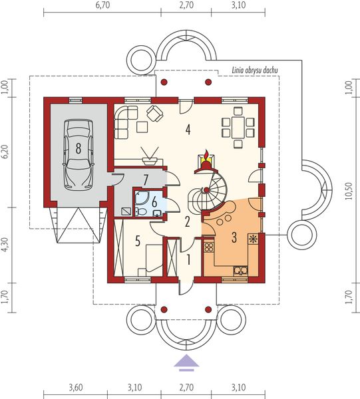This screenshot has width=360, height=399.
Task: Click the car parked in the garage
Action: click(x=78, y=154)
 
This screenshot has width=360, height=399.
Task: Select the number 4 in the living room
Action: click(x=188, y=130)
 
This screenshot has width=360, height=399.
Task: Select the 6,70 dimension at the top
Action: click(x=102, y=5)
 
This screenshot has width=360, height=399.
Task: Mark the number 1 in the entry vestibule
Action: click(x=188, y=259)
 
